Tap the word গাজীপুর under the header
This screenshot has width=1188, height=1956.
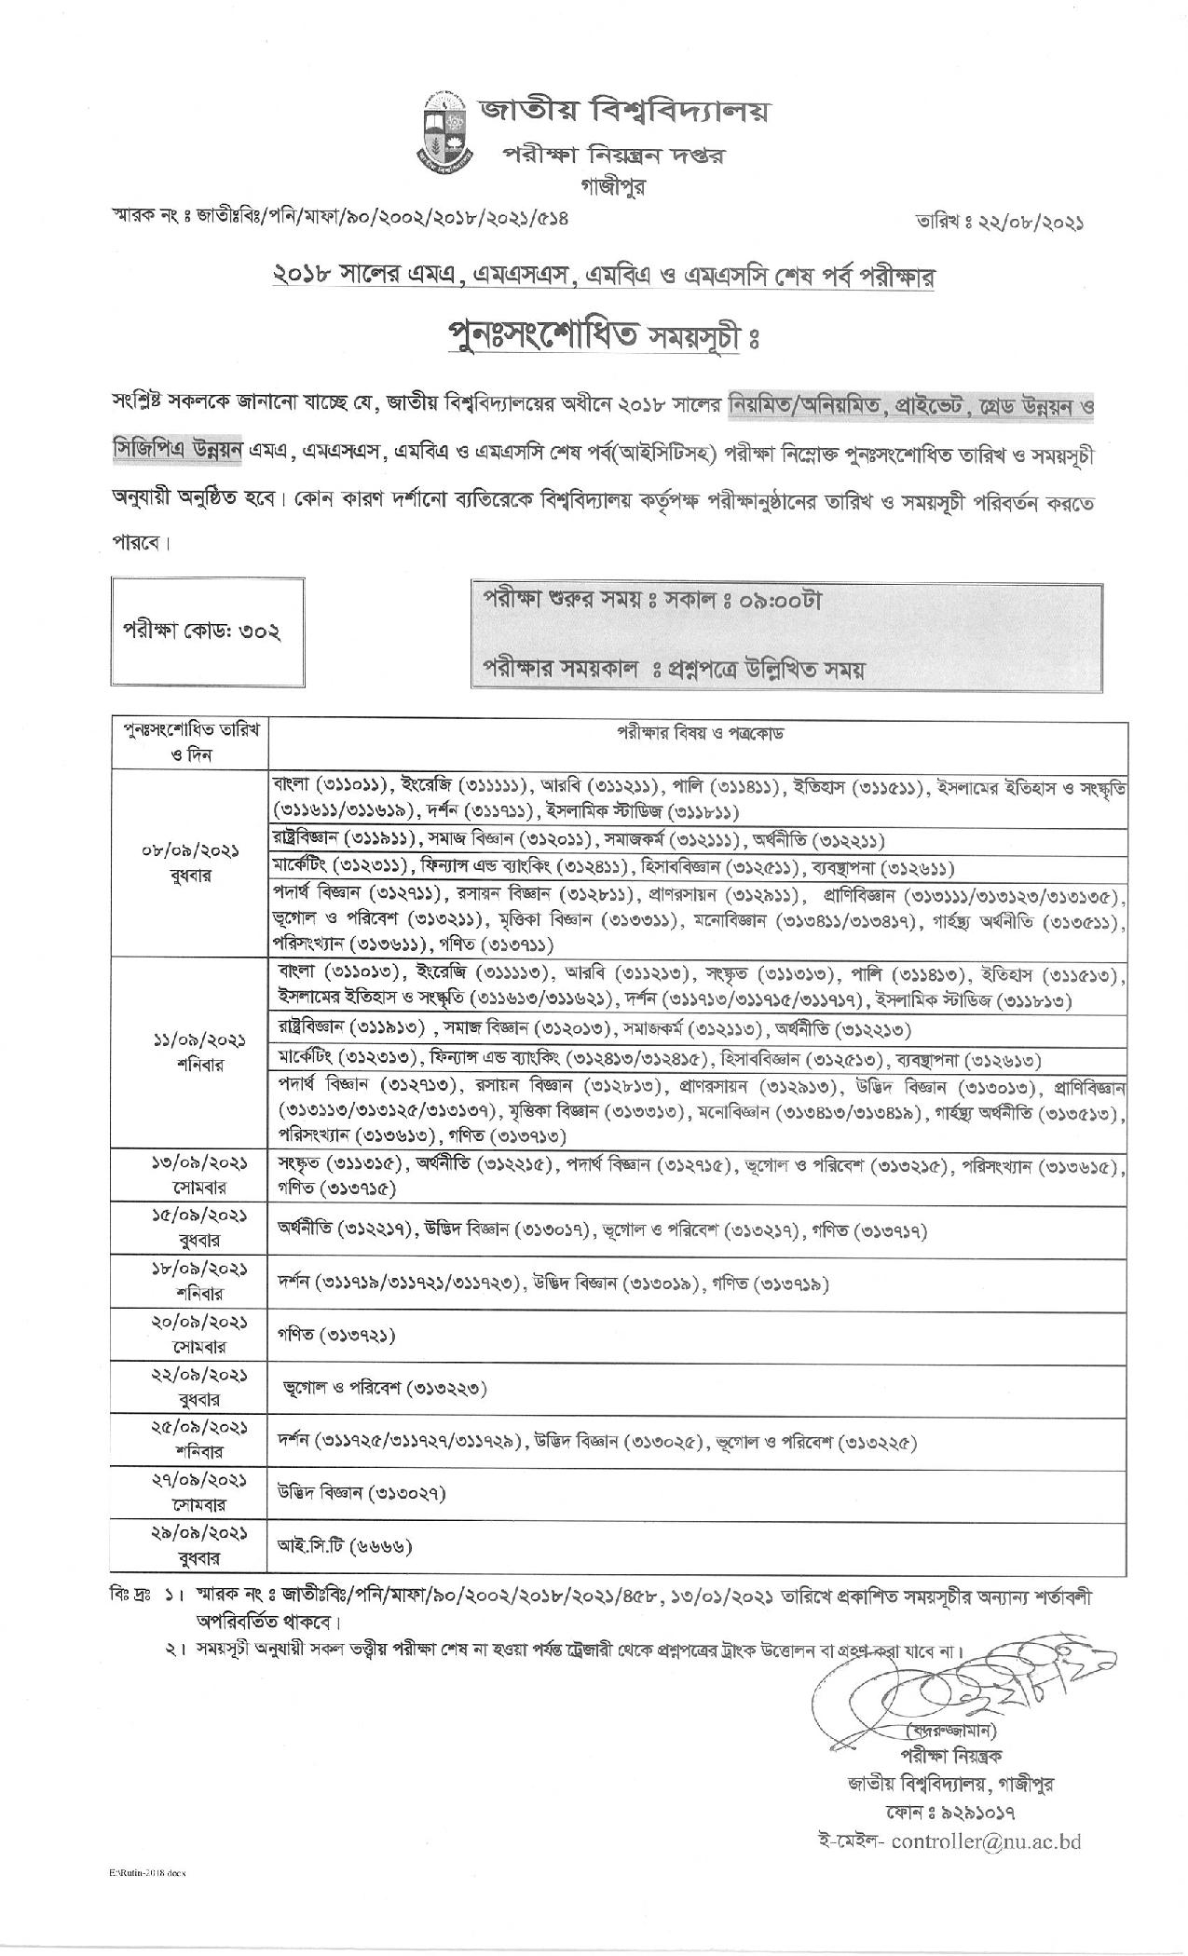tap(611, 185)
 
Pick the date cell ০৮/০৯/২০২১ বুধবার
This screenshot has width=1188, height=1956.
tap(189, 862)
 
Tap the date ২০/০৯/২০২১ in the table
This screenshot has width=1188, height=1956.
tap(189, 1324)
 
